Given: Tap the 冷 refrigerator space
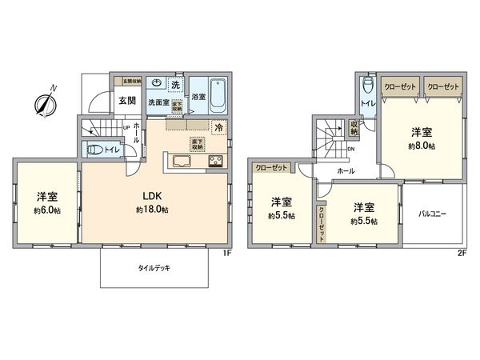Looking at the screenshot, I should tap(218, 126).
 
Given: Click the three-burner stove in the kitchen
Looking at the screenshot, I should tap(216, 163).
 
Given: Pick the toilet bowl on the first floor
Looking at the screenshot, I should tap(94, 148).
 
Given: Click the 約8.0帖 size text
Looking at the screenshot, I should tap(422, 147).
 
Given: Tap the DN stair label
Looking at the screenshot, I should tap(350, 149).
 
